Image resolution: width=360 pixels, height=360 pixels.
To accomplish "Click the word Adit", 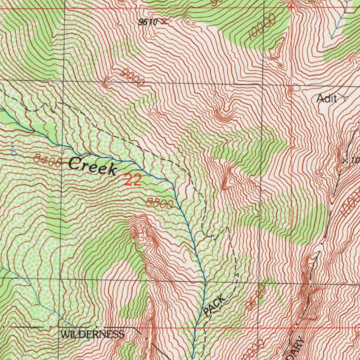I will [326, 99].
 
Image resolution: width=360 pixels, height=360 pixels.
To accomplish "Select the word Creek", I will [93, 166].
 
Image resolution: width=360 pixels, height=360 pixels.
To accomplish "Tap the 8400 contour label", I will [48, 160].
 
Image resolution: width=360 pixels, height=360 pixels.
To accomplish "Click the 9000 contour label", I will [133, 78].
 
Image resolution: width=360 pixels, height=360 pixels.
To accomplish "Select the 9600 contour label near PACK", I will [256, 298].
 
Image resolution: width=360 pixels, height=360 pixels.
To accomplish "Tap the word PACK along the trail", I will [214, 305].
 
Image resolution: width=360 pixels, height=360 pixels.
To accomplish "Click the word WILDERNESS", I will [92, 334].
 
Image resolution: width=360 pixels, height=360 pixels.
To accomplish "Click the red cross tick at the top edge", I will [291, 7].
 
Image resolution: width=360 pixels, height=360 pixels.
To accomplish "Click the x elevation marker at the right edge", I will [345, 161].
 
